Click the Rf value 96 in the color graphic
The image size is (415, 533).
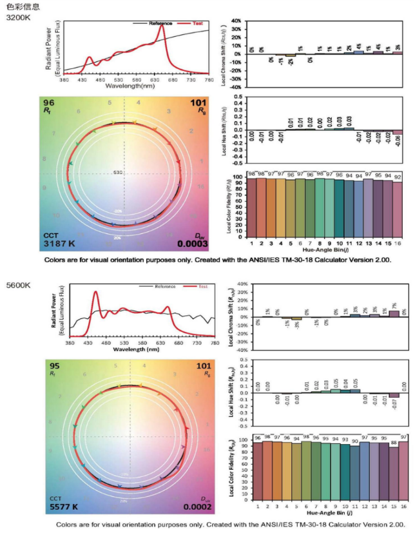pos(48,102)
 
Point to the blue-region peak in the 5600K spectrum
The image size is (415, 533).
pos(95,293)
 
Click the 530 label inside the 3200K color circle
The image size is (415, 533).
pos(117,173)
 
